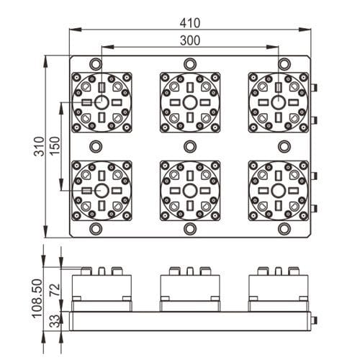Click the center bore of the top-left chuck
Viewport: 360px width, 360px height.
pos(102,102)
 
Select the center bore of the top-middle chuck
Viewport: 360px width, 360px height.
pos(190,102)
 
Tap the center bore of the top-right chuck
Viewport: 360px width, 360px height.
pos(278,102)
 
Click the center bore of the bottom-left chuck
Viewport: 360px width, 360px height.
pos(102,190)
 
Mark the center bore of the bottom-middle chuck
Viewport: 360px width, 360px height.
pos(190,190)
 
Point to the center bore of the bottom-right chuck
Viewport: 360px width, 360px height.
pos(278,190)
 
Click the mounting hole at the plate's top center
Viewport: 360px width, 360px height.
pos(190,62)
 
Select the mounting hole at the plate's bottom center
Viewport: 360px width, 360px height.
pos(190,230)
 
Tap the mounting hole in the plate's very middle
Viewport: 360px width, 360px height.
pos(190,146)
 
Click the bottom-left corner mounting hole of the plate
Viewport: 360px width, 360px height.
pos(95,230)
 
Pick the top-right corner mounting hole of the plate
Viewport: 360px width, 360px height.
pos(285,62)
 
